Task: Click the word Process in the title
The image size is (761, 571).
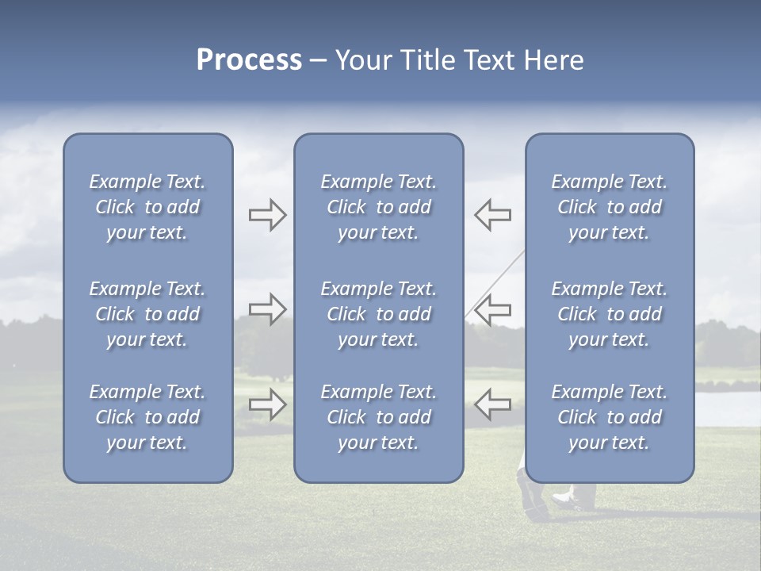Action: [249, 60]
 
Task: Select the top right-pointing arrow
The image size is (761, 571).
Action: [267, 215]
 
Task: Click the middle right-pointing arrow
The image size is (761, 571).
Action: [267, 308]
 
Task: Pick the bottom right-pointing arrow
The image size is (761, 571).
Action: [267, 404]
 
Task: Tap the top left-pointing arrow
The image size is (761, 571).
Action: [492, 215]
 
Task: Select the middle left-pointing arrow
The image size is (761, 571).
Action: [492, 308]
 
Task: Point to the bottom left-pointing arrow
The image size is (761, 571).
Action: [492, 404]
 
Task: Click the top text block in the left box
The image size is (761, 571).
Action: [147, 207]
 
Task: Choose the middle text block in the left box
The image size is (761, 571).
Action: [147, 314]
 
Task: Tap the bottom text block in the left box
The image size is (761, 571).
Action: [147, 417]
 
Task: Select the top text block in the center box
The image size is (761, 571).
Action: [379, 207]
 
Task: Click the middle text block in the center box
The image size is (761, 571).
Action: [379, 314]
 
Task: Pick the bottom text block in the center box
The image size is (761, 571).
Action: [379, 417]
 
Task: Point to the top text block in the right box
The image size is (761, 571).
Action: [610, 207]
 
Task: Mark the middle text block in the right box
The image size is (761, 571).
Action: [610, 314]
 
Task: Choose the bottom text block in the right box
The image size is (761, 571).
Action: [610, 417]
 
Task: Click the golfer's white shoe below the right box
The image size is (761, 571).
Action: [562, 498]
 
